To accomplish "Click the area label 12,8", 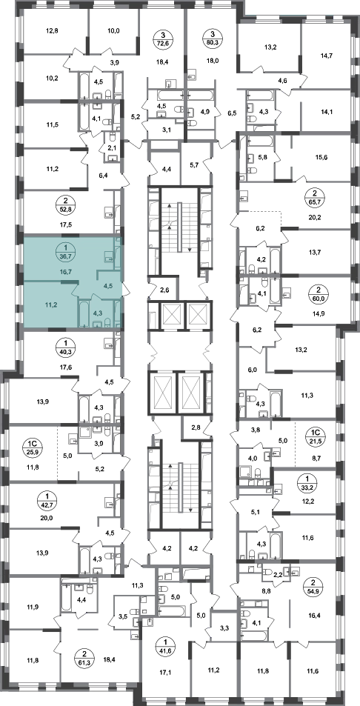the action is coord(53,31).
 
